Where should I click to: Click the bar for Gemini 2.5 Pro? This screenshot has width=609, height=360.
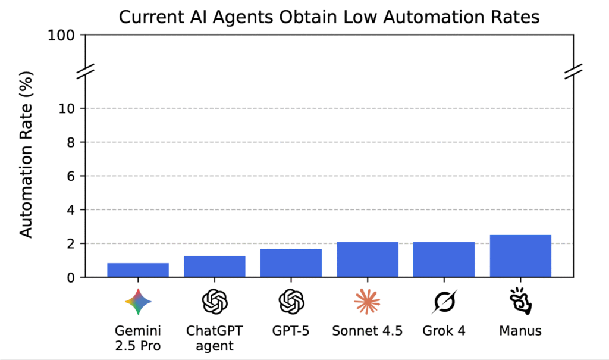pos(138,270)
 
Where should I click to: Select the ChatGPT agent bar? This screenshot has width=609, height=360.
pos(215,267)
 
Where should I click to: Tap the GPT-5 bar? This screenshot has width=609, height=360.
pos(291,263)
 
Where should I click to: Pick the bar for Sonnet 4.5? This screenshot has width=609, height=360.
pos(368,259)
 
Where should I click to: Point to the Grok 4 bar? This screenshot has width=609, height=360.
pos(444,259)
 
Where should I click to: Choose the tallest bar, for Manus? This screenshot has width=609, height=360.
pos(520,256)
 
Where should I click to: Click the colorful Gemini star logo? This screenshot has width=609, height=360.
pos(138,302)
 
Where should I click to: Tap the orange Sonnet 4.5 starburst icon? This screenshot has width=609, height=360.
pos(367,302)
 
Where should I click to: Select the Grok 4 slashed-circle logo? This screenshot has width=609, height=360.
pos(444,302)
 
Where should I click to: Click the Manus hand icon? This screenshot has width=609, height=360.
pos(520,302)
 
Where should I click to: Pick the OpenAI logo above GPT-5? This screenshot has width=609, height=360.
pos(291,302)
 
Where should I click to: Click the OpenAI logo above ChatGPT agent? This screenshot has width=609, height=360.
pos(215,302)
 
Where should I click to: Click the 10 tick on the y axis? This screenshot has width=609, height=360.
pos(67,108)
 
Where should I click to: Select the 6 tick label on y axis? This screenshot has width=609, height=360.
pos(71,176)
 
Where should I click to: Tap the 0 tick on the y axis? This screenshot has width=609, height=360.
pos(71,277)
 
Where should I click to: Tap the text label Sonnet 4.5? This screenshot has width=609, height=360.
pos(368,331)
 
